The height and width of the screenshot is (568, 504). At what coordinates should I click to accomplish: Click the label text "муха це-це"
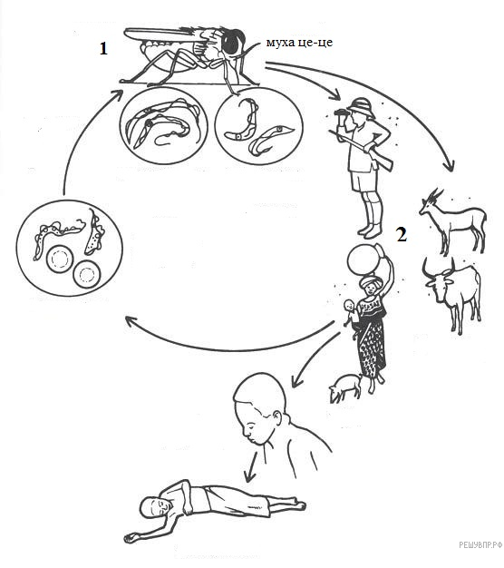click(x=299, y=43)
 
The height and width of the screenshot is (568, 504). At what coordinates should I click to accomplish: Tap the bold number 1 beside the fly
click(x=103, y=48)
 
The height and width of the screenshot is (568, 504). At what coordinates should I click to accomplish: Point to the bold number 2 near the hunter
click(x=402, y=235)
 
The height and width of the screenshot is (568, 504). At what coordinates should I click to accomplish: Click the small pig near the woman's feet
click(x=344, y=387)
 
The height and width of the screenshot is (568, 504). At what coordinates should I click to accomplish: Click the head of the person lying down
click(x=155, y=505)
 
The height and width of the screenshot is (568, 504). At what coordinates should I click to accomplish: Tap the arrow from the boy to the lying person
click(x=251, y=467)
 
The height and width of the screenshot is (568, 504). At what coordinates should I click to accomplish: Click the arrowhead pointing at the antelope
click(x=451, y=166)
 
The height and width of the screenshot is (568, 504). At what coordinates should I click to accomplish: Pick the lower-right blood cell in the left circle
click(x=86, y=274)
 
